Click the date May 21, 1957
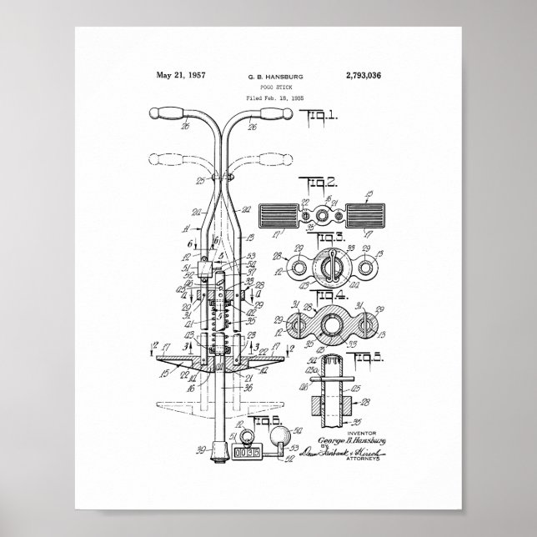[x=181, y=75]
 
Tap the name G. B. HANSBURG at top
[x=275, y=77]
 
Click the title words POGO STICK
[x=275, y=87]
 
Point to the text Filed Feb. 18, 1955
[x=275, y=98]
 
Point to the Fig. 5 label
[x=369, y=358]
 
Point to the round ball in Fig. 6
[x=284, y=435]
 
